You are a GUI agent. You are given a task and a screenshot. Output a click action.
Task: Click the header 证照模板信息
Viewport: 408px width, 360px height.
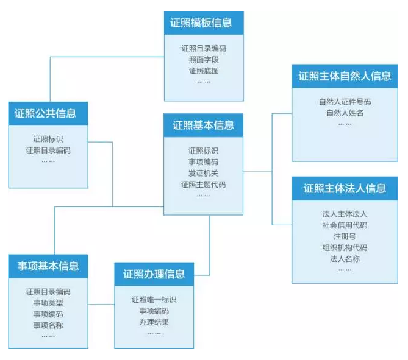pos(203,23)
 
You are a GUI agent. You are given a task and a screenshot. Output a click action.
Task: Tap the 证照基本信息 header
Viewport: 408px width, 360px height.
pos(203,125)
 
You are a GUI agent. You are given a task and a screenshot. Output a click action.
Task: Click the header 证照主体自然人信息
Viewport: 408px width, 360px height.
pos(345,76)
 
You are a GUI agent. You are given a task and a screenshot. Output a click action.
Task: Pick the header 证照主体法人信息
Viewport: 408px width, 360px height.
pos(345,188)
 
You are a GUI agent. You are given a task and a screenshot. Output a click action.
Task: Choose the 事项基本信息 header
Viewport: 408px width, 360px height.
pos(48,266)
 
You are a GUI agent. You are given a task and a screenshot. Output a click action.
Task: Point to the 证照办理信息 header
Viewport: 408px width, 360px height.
pos(154,274)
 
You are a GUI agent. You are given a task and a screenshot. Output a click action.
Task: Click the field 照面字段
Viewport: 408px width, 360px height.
pos(203,59)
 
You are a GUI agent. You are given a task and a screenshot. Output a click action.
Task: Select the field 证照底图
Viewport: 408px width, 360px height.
pos(203,71)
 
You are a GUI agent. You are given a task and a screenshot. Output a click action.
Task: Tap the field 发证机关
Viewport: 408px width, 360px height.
pos(203,173)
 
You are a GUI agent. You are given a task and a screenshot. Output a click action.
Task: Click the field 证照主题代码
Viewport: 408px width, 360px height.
pos(203,184)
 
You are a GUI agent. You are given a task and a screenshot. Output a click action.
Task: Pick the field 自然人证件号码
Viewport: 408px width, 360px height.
pos(345,102)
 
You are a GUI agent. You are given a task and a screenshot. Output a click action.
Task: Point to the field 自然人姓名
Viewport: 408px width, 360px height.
pos(345,113)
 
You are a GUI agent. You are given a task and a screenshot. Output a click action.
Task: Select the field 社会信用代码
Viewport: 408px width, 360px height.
pos(345,225)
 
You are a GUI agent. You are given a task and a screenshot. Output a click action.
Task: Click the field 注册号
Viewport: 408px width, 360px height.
pos(345,236)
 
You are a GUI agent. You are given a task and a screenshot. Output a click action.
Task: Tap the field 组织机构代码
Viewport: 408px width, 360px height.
pos(345,248)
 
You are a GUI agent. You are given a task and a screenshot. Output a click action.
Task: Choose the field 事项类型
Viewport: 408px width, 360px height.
pos(48,303)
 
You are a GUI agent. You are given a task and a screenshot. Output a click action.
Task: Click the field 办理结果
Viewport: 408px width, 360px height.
pos(154,322)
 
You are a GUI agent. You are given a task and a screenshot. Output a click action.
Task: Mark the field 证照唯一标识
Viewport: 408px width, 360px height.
pos(154,299)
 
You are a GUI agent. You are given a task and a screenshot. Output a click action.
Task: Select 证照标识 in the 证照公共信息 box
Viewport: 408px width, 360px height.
pos(48,138)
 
